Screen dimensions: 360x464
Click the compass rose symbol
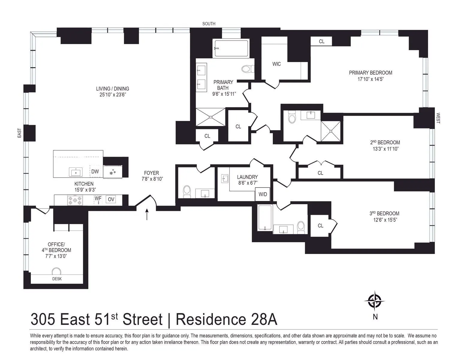point(374,300)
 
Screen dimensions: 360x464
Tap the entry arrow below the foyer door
point(147,214)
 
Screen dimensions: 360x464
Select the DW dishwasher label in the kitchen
point(95,172)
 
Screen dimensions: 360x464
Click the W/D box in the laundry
point(263,194)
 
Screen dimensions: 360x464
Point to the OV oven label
point(111,199)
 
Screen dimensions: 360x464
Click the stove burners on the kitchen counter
point(75,200)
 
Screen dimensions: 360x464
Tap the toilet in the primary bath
point(247,69)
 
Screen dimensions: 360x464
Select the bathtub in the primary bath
point(231,49)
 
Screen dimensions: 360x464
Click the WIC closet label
point(277,64)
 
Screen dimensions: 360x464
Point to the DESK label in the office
point(57,279)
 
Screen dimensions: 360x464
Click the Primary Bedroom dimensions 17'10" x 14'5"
point(370,79)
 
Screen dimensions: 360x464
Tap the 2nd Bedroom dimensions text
point(385,148)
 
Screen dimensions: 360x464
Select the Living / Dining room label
point(112,88)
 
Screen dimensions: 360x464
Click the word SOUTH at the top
point(209,24)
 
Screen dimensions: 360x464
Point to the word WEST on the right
point(438,118)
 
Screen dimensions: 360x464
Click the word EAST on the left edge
point(19,133)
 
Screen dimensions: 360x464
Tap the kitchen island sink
point(76,172)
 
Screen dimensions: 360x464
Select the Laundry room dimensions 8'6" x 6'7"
point(247,182)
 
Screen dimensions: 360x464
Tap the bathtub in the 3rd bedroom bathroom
point(265,218)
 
